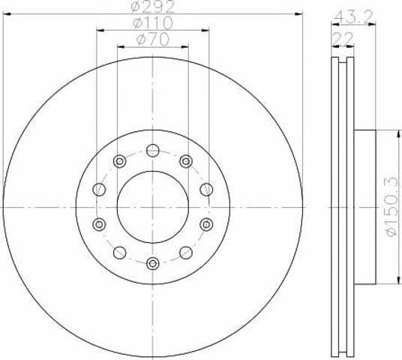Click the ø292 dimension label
[x=153, y=7]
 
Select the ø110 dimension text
[x=153, y=22]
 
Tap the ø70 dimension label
[x=153, y=40]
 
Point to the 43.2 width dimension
[x=353, y=16]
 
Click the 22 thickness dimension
[x=343, y=38]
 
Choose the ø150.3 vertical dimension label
[x=392, y=207]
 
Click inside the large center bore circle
[x=153, y=207]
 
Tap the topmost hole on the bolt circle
[x=153, y=150]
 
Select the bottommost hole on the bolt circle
[x=153, y=263]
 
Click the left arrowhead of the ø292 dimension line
[x=7, y=14]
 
